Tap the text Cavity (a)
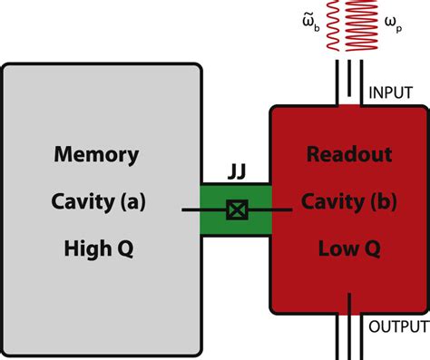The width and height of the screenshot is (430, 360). (x=100, y=201)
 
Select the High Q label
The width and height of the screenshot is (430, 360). (x=100, y=247)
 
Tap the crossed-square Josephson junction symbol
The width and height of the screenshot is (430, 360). (x=236, y=210)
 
